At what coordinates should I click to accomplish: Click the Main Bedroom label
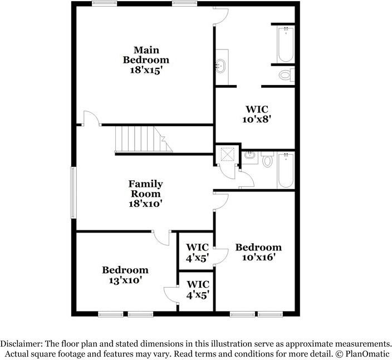146,55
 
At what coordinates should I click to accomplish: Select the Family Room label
146,189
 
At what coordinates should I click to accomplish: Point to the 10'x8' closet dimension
257,120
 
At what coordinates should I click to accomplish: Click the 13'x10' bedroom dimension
125,280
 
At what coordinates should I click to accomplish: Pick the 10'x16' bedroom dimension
258,257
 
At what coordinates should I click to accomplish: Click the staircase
144,139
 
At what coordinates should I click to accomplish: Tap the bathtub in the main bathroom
286,44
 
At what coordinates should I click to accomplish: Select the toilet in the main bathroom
286,75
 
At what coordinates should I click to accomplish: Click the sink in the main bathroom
220,66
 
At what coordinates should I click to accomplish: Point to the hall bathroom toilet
267,159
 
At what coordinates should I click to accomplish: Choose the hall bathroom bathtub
286,170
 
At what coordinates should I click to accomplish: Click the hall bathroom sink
250,156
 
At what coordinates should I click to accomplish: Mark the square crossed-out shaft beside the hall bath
228,155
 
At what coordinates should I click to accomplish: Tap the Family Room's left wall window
73,193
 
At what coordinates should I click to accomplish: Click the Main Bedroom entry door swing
92,118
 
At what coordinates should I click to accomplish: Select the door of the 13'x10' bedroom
161,238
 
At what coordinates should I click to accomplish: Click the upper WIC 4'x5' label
197,253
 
